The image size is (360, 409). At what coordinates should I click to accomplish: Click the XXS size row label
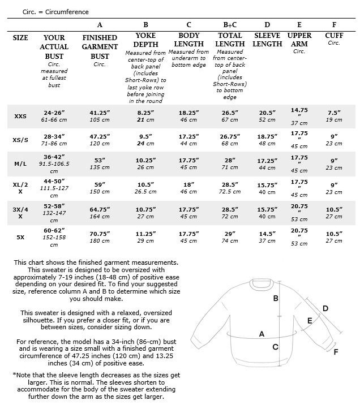pyautogui.click(x=20, y=116)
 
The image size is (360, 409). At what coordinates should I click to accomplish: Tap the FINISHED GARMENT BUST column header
pyautogui.click(x=100, y=47)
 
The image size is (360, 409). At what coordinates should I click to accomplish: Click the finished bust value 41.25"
pyautogui.click(x=100, y=113)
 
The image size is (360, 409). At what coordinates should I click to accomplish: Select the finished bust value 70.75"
pyautogui.click(x=100, y=232)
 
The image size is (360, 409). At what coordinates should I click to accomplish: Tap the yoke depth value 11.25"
pyautogui.click(x=145, y=232)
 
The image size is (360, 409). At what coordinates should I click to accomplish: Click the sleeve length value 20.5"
pyautogui.click(x=267, y=113)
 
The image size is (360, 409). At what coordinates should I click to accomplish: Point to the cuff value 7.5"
pyautogui.click(x=334, y=113)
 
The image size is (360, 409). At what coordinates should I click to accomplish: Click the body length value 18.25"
pyautogui.click(x=188, y=113)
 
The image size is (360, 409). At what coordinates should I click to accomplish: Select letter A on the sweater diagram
pyautogui.click(x=262, y=334)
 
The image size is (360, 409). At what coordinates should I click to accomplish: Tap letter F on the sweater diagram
pyautogui.click(x=336, y=351)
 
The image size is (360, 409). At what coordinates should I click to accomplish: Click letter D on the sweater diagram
pyautogui.click(x=325, y=308)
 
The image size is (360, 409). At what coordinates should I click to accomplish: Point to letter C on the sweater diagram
pyautogui.click(x=276, y=347)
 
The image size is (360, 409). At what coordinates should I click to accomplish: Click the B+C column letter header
pyautogui.click(x=230, y=25)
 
